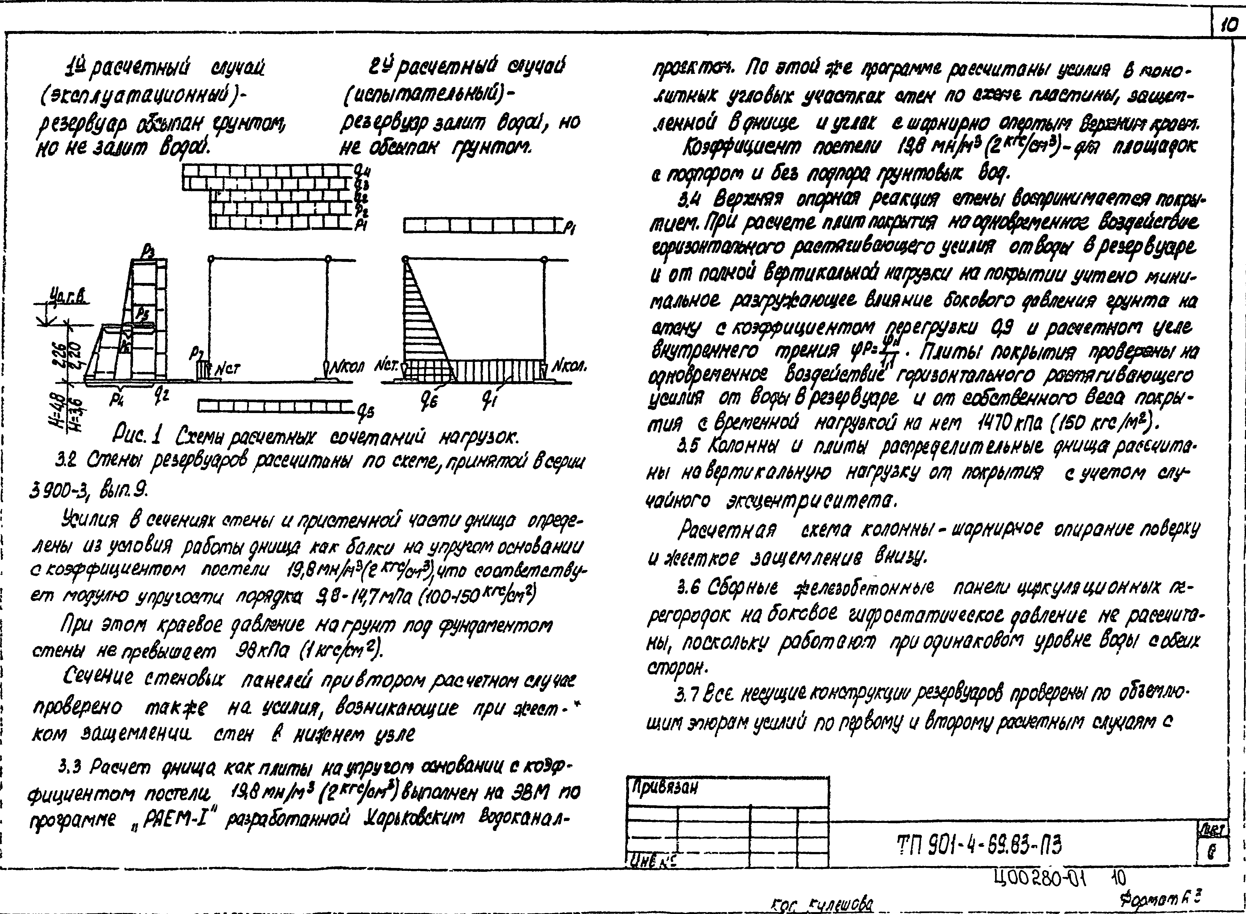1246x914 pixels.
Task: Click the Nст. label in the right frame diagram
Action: click(x=386, y=366)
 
